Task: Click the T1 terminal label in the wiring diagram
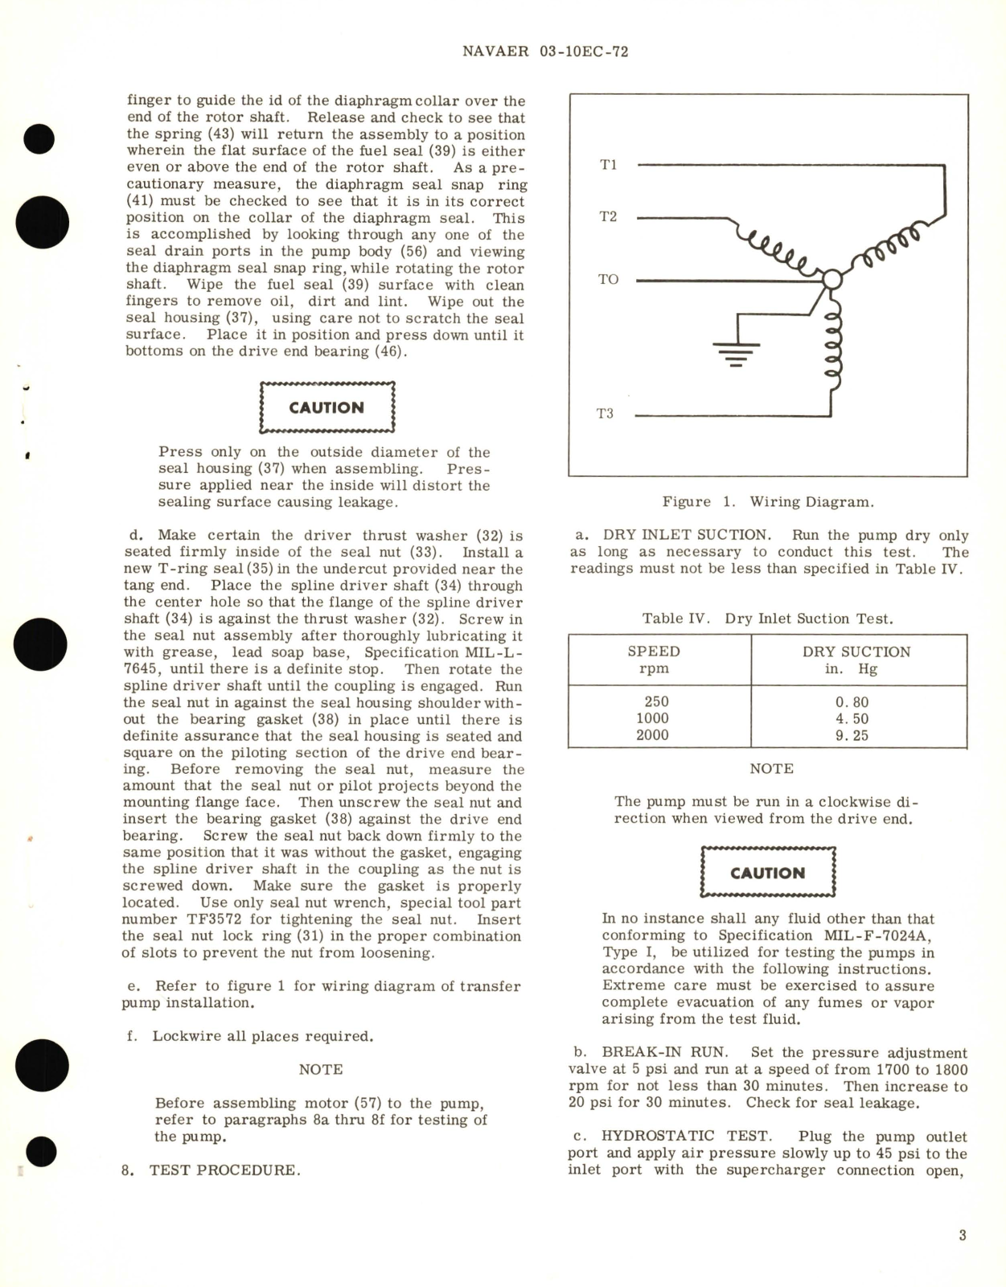[608, 165]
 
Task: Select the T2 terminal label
[608, 216]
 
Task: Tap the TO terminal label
[608, 279]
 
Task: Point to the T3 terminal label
[605, 413]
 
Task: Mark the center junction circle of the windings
[831, 279]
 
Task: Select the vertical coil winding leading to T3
[834, 346]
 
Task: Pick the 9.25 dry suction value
[852, 735]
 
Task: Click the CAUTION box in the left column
[326, 408]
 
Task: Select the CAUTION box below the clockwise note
[768, 873]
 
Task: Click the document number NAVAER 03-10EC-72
[545, 51]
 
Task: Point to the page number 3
[963, 1235]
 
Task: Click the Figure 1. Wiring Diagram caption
[767, 502]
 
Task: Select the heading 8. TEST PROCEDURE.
[211, 1170]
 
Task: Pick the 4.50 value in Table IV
[852, 718]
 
